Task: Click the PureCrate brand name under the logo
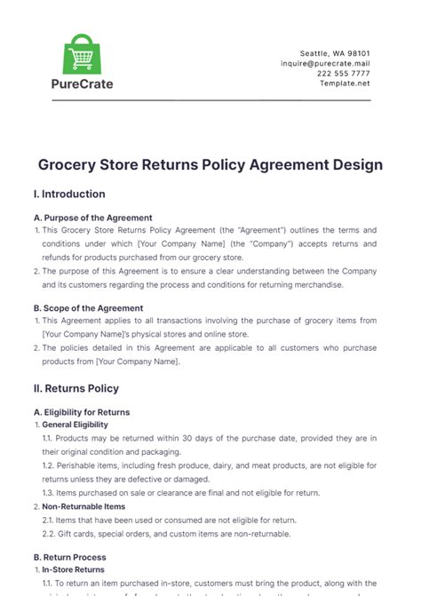coord(81,85)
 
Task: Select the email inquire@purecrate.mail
coord(327,64)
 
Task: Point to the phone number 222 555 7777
coord(345,75)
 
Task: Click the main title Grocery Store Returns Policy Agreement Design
coord(210,164)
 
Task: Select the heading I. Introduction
coord(68,194)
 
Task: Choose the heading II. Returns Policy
coord(75,388)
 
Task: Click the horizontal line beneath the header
coord(210,99)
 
